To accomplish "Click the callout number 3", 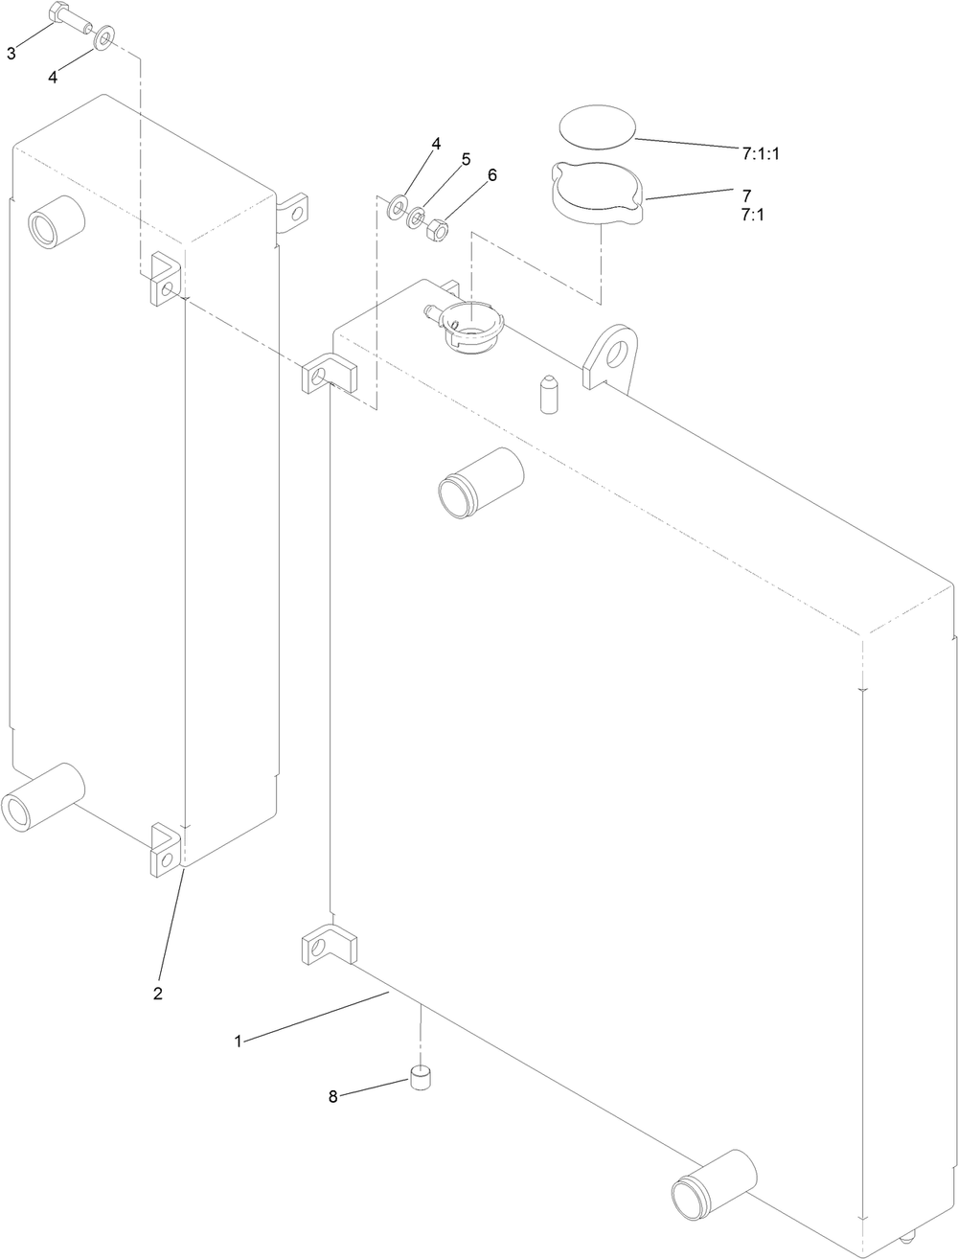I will point(11,54).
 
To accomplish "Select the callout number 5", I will point(466,159).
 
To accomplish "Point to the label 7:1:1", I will point(761,152).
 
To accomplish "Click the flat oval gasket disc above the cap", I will point(597,126).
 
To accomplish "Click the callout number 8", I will point(333,1097).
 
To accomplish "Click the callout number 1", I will point(239,1040).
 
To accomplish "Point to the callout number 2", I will point(158,993).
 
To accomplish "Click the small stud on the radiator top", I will point(548,394).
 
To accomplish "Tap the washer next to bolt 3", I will point(103,40).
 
